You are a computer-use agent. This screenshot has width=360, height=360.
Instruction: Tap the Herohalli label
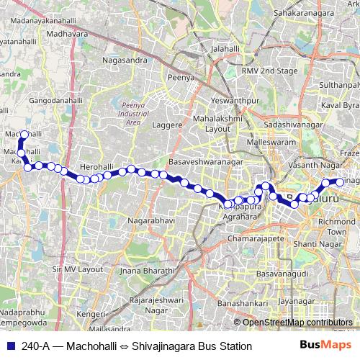[x=93, y=166]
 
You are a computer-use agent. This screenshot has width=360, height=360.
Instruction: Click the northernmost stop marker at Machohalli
[x=24, y=135]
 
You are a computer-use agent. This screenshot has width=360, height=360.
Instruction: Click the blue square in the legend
[x=10, y=346]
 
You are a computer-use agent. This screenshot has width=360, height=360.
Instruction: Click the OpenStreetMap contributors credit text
[x=296, y=322]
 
